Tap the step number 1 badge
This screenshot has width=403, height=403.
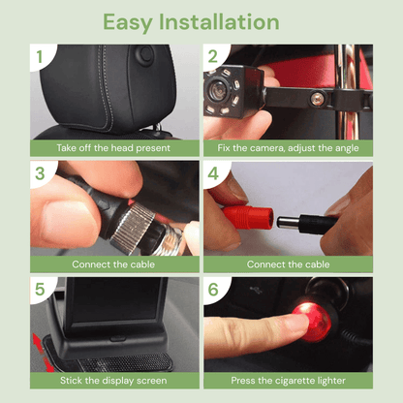tap(40, 56)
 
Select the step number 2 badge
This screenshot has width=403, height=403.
tap(213, 56)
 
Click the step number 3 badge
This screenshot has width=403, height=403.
tap(40, 174)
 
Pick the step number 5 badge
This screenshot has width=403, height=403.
tap(40, 291)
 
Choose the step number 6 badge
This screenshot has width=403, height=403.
tap(213, 291)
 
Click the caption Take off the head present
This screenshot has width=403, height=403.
tap(113, 148)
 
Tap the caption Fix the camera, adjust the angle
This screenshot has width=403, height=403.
tap(288, 148)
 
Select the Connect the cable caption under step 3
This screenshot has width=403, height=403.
tap(113, 263)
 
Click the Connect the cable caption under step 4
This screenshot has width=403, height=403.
tap(288, 263)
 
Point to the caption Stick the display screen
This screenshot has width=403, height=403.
tap(113, 381)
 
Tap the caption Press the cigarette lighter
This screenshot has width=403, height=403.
tap(288, 381)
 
